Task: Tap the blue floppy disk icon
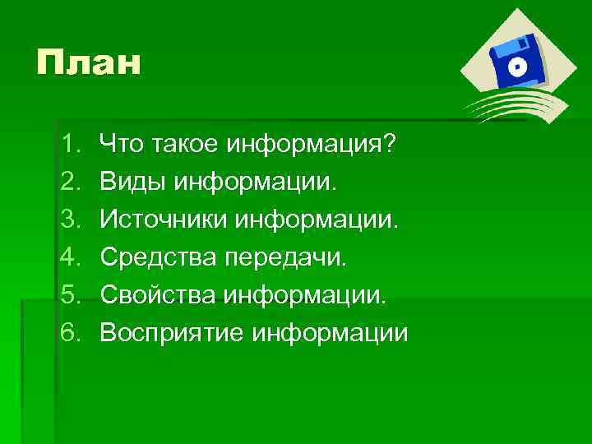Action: click(516, 61)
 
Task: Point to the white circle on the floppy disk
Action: click(519, 67)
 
